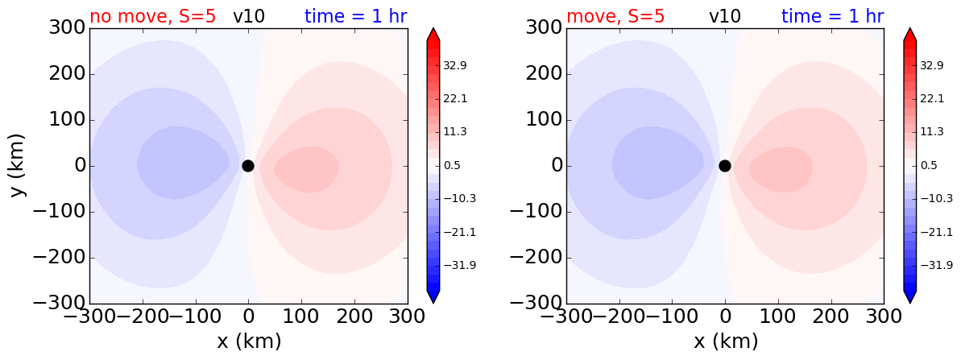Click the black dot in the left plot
(x=247, y=166)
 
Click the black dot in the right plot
(x=724, y=166)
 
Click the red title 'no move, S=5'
(x=152, y=16)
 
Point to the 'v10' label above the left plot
(x=249, y=17)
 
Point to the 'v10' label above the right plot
(x=724, y=17)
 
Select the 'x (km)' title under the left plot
(x=249, y=340)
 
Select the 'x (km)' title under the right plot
(x=726, y=340)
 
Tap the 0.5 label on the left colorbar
(x=452, y=165)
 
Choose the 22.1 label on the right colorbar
(x=931, y=98)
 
